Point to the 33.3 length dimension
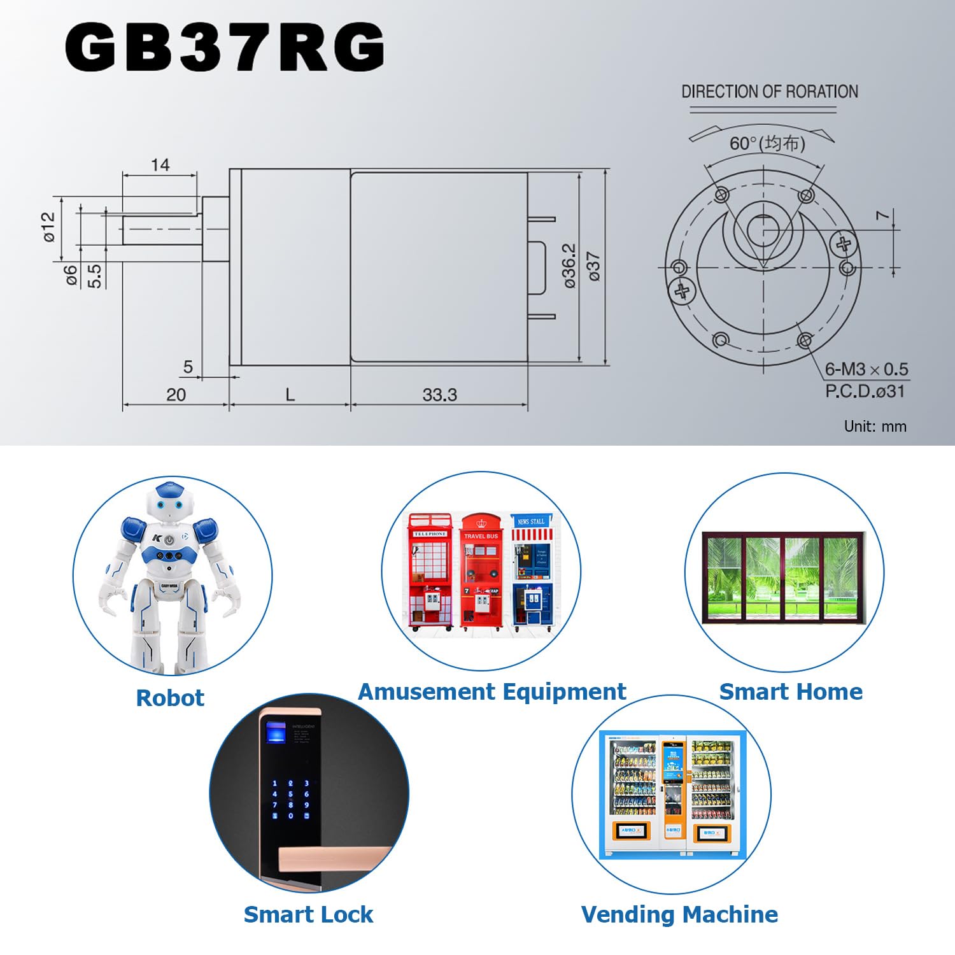[x=439, y=395]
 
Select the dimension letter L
[x=290, y=395]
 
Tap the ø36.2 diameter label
[x=569, y=265]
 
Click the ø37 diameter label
[x=593, y=265]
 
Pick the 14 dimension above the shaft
[x=160, y=165]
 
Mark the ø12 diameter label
[x=49, y=227]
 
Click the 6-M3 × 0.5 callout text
[x=866, y=369]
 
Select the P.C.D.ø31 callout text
[x=865, y=391]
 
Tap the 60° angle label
[x=767, y=143]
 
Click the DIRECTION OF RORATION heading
[x=769, y=92]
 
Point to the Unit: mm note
[x=875, y=426]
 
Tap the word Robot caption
[x=170, y=698]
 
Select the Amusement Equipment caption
[x=492, y=691]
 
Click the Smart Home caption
[x=790, y=691]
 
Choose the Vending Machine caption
[x=679, y=914]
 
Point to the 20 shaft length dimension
[x=176, y=395]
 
